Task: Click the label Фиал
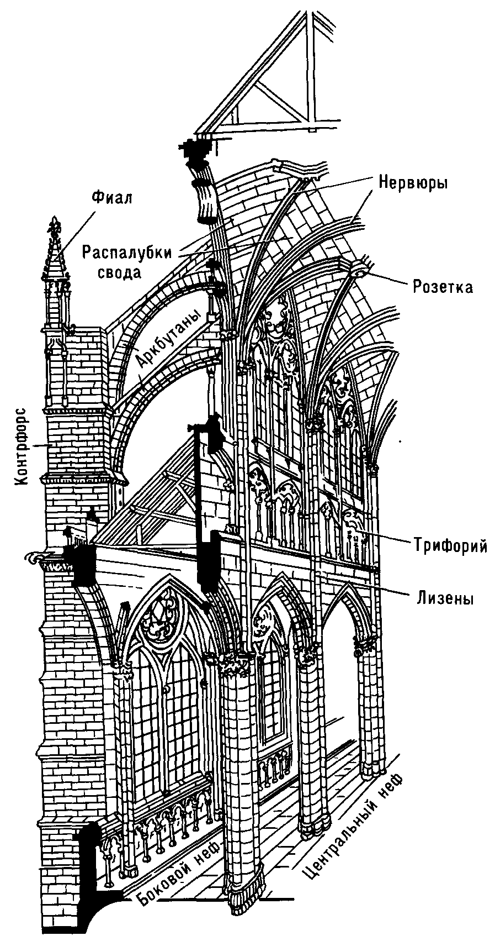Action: [112, 198]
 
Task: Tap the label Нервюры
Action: [413, 183]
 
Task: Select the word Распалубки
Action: [127, 252]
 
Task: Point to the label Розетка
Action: [443, 287]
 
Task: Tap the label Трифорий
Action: [451, 546]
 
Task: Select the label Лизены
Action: [442, 598]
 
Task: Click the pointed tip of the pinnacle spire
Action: [55, 221]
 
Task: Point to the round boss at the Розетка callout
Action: [360, 271]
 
